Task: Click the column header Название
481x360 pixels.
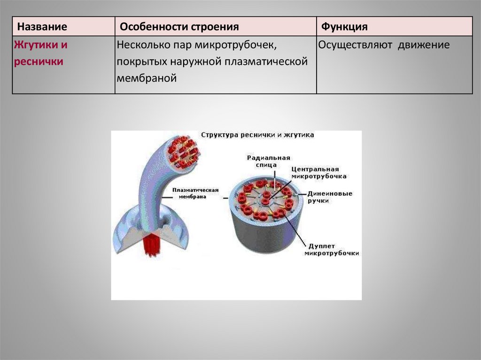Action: [40, 26]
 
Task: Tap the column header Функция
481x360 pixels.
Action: [344, 26]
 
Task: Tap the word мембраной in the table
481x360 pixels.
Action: [147, 78]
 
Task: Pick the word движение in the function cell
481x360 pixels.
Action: [424, 46]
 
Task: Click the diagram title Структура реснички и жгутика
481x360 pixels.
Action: [257, 135]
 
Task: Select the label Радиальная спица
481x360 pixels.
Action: [269, 161]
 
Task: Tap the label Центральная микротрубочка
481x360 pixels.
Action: [319, 173]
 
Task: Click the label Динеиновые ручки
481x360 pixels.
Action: [330, 197]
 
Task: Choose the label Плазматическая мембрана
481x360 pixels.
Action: [195, 193]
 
